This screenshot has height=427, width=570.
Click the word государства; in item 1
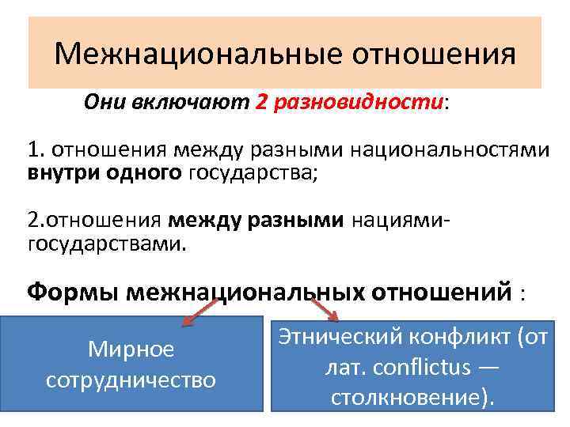click(253, 172)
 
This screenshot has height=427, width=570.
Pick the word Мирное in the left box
click(131, 349)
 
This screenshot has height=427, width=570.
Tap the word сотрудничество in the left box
click(131, 380)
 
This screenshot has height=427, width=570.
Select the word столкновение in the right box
click(403, 396)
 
